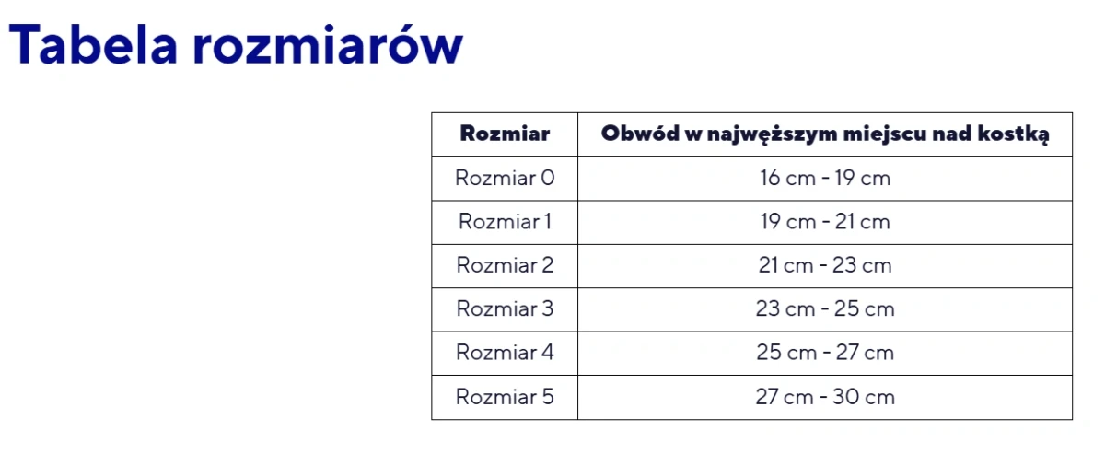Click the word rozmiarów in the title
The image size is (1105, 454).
(327, 46)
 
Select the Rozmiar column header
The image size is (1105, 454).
(505, 134)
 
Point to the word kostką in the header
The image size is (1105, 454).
(1017, 134)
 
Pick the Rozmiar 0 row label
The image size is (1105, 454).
(505, 178)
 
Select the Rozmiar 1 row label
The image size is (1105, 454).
(505, 222)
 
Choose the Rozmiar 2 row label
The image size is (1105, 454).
(505, 265)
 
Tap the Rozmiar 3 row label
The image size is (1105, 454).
(505, 309)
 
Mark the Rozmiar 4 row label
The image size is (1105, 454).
(505, 353)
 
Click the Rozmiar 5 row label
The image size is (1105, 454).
(505, 397)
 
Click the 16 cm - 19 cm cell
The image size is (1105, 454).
(825, 178)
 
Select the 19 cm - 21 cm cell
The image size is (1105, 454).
(825, 222)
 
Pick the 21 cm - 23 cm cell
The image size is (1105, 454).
(825, 265)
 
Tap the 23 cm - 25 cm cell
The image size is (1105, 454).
(825, 309)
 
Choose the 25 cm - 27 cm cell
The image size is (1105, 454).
(825, 353)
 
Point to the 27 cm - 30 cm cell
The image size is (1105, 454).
(825, 397)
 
